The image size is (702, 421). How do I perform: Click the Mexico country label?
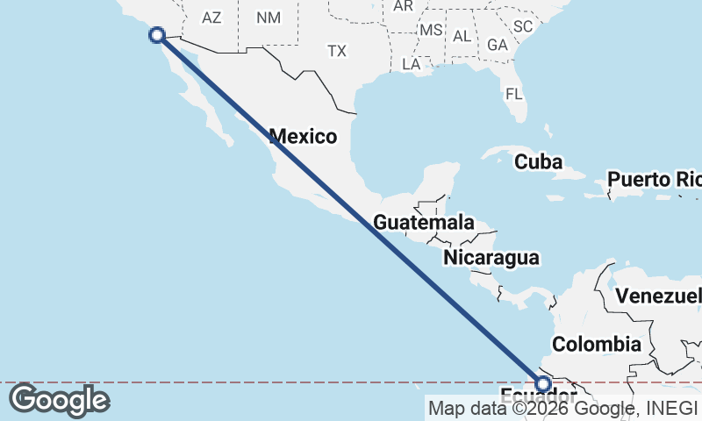tap(303, 136)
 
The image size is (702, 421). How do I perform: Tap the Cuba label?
tap(538, 161)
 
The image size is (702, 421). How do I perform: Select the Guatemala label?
tap(424, 223)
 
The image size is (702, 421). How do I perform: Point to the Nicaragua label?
tap(491, 258)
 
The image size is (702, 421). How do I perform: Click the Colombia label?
tap(596, 344)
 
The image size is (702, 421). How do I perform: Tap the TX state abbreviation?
tap(337, 51)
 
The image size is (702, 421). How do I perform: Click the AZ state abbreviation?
tap(211, 18)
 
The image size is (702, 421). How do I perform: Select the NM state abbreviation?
tap(268, 18)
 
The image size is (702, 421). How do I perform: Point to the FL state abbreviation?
tap(514, 92)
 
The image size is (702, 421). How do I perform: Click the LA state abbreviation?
tap(411, 64)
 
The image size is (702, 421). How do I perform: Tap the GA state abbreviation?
tap(498, 44)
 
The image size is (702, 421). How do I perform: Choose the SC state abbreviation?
tap(523, 26)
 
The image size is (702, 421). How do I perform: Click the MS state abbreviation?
tap(431, 30)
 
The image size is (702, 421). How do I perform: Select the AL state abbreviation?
tap(462, 36)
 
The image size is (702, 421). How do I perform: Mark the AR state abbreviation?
tap(403, 5)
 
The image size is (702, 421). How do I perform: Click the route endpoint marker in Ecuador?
tap(543, 384)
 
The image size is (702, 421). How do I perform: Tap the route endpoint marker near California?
tap(157, 35)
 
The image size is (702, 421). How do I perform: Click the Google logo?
tap(58, 400)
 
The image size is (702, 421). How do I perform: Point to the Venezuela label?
tap(658, 296)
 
